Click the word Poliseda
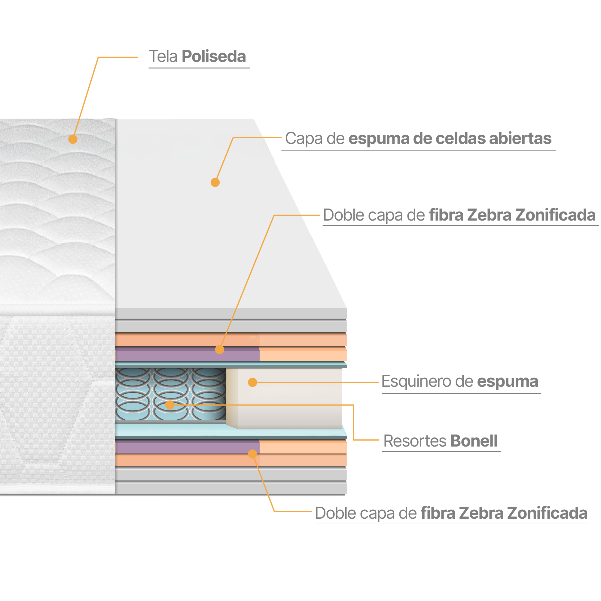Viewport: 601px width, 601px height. pos(214,56)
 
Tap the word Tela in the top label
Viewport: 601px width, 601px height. pos(163,56)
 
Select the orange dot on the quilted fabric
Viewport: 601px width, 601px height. pos(73,139)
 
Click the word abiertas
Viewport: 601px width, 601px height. pos(520,139)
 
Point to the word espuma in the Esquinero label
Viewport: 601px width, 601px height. pos(507,381)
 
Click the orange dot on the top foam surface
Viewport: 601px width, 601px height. pos(215,182)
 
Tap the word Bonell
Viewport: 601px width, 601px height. pos(474,441)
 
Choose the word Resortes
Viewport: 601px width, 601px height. pos(415,441)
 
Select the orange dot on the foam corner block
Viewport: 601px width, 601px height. pos(252,382)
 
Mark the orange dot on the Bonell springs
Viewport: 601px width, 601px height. pos(169,405)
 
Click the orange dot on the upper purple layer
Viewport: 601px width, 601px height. pos(220,349)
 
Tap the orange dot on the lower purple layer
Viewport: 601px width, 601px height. pos(252,454)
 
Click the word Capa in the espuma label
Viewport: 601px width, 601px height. pos(300,139)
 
